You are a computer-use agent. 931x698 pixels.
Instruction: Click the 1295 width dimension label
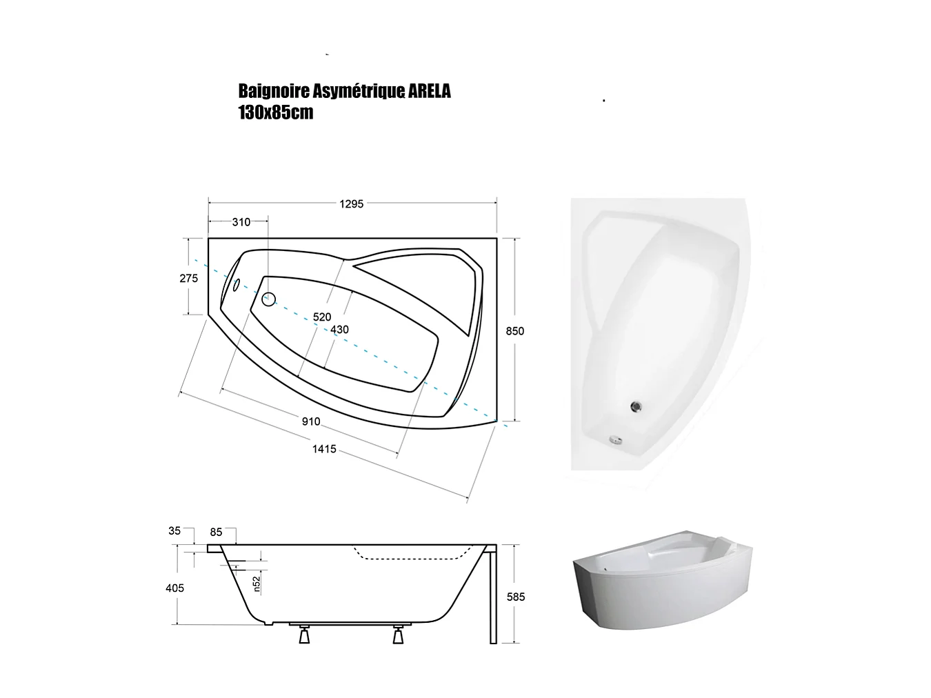click(351, 203)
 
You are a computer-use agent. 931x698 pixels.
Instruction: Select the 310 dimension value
click(241, 222)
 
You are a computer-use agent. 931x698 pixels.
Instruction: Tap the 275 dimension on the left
click(188, 278)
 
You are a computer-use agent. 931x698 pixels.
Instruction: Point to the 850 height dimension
click(514, 331)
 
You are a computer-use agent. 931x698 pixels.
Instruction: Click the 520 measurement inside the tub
click(322, 317)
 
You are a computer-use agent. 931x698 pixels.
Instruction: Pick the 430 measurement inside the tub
click(339, 330)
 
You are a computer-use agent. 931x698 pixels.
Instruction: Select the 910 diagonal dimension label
click(311, 421)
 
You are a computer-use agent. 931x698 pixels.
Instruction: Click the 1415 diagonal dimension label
click(324, 449)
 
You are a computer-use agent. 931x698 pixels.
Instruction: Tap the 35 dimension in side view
click(174, 531)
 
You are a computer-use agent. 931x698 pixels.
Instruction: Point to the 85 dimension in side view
click(216, 532)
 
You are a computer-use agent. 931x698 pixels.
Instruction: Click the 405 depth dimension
click(174, 588)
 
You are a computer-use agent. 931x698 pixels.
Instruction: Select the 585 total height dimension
click(516, 597)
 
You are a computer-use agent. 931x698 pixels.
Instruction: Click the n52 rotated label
click(255, 584)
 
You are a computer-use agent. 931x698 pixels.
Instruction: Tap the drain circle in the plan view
click(268, 299)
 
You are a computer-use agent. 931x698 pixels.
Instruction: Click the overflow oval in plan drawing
click(235, 284)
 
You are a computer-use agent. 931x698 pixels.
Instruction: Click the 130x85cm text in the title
click(275, 112)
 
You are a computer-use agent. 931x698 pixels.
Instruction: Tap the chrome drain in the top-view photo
click(637, 408)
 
